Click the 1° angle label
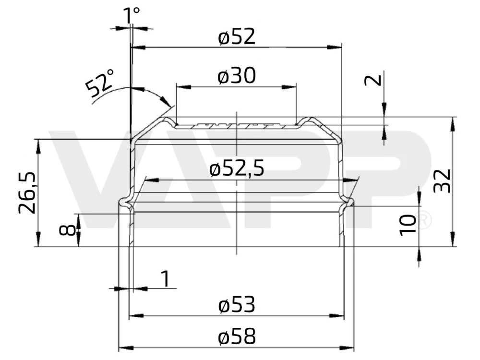point(132,15)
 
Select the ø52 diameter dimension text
point(236,37)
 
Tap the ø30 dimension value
point(236,76)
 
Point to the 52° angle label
point(100,83)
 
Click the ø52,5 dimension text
point(237,169)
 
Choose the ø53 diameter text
point(236,305)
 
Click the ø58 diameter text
point(236,337)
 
